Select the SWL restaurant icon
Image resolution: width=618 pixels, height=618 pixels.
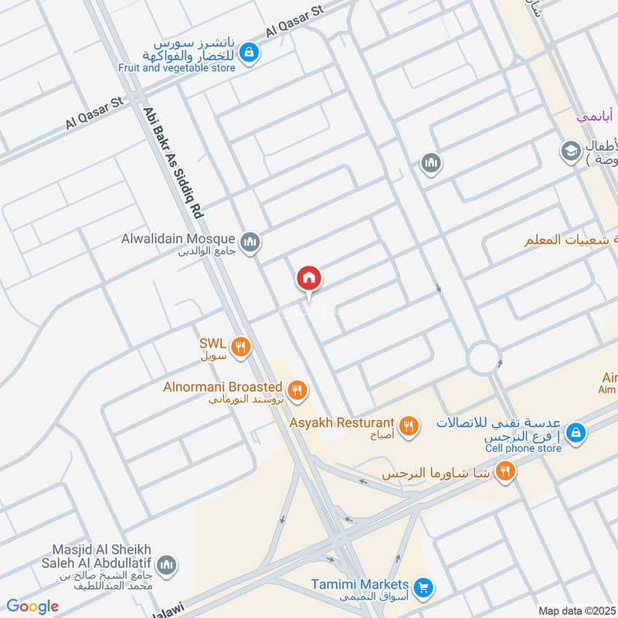pyautogui.click(x=241, y=348)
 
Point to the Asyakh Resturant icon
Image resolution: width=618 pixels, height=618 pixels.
pyautogui.click(x=409, y=425)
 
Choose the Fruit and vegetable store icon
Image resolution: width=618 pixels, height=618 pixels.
pyautogui.click(x=249, y=53)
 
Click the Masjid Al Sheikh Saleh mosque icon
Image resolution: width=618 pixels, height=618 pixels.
pyautogui.click(x=166, y=565)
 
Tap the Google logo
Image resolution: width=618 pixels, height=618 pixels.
pyautogui.click(x=32, y=606)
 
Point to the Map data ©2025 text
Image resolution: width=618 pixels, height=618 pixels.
pyautogui.click(x=577, y=610)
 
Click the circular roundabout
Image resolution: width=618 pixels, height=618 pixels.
pyautogui.click(x=484, y=358)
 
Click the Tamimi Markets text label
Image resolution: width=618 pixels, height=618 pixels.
pyautogui.click(x=360, y=585)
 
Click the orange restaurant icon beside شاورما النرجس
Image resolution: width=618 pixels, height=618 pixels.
pyautogui.click(x=505, y=470)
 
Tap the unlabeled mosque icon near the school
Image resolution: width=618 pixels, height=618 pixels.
pyautogui.click(x=430, y=163)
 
